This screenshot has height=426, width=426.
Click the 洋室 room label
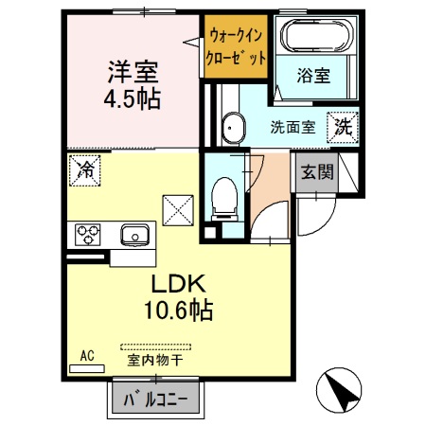coord(133,72)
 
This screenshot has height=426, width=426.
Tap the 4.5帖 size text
coord(133,98)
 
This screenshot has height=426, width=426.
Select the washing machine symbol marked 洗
coord(341,125)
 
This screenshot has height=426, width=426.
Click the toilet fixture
coord(225,196)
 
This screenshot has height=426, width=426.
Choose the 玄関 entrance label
coord(315,173)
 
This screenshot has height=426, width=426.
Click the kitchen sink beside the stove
coord(133,233)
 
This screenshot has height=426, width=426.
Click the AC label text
coord(86,355)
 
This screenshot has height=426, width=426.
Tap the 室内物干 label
coord(154,360)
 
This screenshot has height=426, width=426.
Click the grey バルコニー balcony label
coord(157,399)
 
